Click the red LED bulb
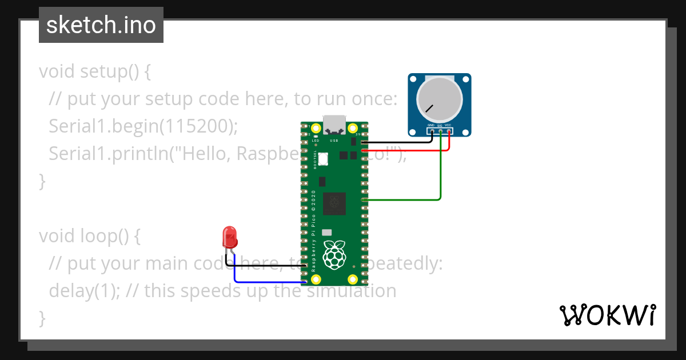(x=230, y=237)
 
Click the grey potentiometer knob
(x=439, y=97)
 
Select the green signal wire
(x=440, y=171)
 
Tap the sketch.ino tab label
(x=101, y=25)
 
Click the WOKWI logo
(x=607, y=315)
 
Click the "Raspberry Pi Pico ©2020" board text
(x=314, y=223)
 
